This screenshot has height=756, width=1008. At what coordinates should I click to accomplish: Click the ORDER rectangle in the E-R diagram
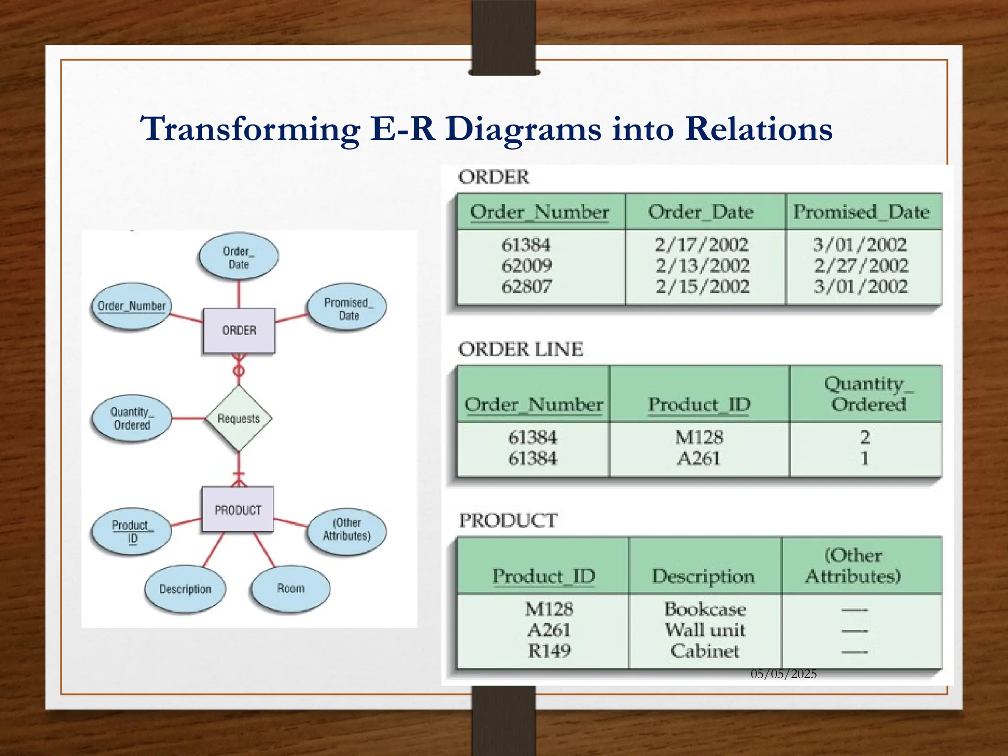coord(239,330)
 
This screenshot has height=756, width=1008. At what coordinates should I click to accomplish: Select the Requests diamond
coord(239,418)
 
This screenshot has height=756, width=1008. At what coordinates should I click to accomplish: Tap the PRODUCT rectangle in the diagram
coord(238,510)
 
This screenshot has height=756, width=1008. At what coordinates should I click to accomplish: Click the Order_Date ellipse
coord(239,257)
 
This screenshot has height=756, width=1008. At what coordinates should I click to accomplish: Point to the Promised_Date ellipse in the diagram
coord(347,308)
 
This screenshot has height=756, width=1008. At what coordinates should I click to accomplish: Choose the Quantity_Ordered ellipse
coord(131,418)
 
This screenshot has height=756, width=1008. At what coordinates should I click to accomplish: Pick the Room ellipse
coord(290,589)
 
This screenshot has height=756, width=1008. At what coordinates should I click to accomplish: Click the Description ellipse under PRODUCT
coord(185,589)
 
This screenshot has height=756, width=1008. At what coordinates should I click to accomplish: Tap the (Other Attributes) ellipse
coord(346,530)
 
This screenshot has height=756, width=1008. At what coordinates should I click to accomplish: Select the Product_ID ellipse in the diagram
coord(131,532)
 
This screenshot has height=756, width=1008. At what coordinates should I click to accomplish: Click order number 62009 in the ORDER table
coord(526,266)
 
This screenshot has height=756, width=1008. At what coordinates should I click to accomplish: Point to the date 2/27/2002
coord(861,266)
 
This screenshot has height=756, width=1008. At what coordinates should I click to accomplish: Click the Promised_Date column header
coord(861,212)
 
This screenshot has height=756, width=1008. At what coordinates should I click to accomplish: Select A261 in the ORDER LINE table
coord(698,459)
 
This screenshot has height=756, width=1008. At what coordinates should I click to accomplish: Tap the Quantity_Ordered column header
coord(868,394)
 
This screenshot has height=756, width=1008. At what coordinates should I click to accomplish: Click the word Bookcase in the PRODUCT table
coord(705,609)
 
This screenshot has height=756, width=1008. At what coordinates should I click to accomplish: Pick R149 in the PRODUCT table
coord(549,651)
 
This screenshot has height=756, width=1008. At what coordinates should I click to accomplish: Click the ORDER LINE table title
coord(520,349)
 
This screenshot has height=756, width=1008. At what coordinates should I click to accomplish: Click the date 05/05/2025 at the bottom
coord(784,674)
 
